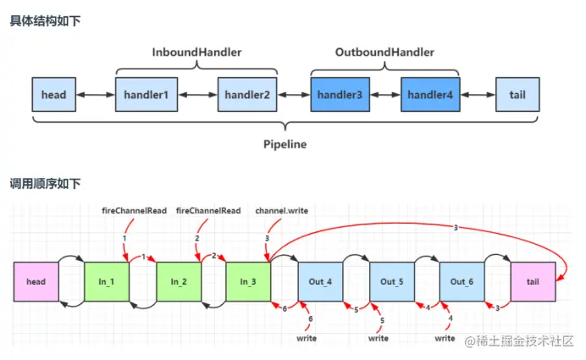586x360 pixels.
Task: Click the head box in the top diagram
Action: [x=53, y=94]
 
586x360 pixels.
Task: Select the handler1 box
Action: [x=146, y=94]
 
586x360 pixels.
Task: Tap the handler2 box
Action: [x=247, y=94]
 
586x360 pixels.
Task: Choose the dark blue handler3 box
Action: [x=339, y=94]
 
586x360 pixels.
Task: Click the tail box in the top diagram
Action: [x=517, y=94]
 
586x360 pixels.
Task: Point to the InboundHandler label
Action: [x=196, y=53]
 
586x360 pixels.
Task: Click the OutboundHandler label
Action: [x=384, y=53]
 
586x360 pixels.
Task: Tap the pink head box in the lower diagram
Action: [x=36, y=281]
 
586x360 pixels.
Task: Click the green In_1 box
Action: [x=107, y=281]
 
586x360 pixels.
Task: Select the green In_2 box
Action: [x=178, y=281]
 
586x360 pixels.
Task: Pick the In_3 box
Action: [x=248, y=281]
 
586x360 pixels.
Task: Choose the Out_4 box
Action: [x=320, y=281]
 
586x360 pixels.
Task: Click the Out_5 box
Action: [x=391, y=281]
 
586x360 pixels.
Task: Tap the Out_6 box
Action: [x=462, y=281]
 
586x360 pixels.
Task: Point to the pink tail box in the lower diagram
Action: [x=533, y=281]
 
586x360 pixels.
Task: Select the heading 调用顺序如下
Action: [x=43, y=183]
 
